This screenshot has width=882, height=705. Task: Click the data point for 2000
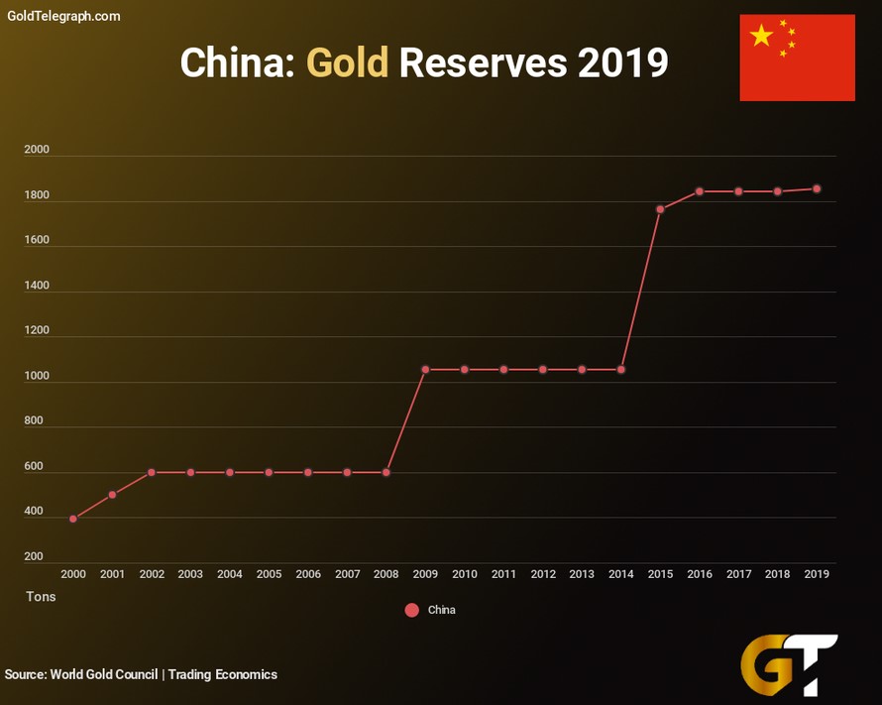click(73, 519)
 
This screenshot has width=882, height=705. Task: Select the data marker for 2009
click(425, 370)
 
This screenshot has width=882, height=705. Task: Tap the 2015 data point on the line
click(660, 209)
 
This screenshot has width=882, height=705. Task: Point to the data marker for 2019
click(817, 188)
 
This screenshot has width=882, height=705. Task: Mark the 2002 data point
click(152, 472)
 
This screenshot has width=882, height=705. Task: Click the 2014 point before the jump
click(621, 370)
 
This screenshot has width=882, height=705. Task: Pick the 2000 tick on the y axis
click(37, 150)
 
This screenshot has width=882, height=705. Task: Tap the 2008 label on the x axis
click(386, 574)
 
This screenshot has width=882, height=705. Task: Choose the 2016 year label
click(700, 574)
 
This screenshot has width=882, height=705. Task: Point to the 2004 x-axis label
click(230, 574)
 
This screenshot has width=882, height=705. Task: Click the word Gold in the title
click(347, 63)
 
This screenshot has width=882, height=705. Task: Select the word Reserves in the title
click(483, 63)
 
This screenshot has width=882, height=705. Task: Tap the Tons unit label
click(41, 597)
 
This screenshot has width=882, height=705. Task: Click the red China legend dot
click(412, 610)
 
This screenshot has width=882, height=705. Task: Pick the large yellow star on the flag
click(761, 36)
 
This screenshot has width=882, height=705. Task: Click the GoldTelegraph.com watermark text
click(63, 16)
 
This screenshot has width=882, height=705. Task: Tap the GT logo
click(789, 664)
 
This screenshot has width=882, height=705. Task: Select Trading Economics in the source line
click(223, 674)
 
